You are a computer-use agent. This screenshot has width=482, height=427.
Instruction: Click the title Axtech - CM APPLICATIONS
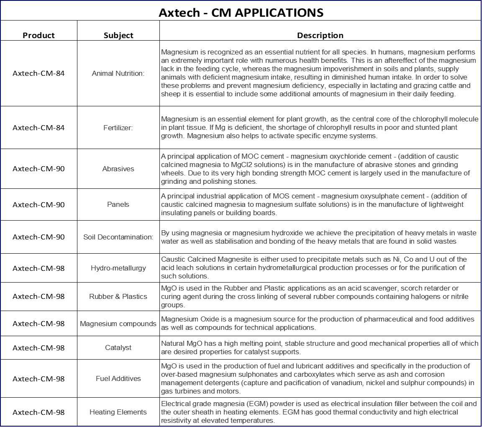click(241, 13)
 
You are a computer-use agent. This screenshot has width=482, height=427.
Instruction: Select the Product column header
click(38, 35)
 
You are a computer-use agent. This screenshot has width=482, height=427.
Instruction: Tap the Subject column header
click(118, 35)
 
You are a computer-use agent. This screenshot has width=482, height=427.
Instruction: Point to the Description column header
click(320, 35)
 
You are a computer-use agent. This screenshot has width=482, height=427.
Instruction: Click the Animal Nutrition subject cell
click(118, 73)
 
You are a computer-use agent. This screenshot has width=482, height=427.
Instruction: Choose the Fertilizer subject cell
click(118, 128)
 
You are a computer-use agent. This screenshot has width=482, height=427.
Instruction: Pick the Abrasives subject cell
click(118, 169)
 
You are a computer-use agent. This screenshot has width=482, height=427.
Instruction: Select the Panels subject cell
click(118, 204)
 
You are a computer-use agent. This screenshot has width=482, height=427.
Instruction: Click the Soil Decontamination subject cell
click(118, 237)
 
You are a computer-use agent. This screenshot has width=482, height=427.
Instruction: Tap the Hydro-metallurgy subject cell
click(118, 268)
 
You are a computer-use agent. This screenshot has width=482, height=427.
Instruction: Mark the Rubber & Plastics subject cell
click(118, 296)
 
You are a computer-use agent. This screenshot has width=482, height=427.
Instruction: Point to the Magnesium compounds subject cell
click(118, 324)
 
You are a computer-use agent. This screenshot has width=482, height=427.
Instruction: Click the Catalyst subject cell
click(118, 347)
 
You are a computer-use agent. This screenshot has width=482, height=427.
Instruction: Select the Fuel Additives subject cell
click(118, 378)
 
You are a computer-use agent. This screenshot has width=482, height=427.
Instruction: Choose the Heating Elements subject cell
click(118, 412)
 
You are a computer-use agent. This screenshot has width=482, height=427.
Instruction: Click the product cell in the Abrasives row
click(38, 169)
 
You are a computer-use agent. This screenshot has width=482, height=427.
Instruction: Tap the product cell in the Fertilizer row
click(38, 128)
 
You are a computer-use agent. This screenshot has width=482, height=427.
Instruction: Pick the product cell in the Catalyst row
click(38, 347)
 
